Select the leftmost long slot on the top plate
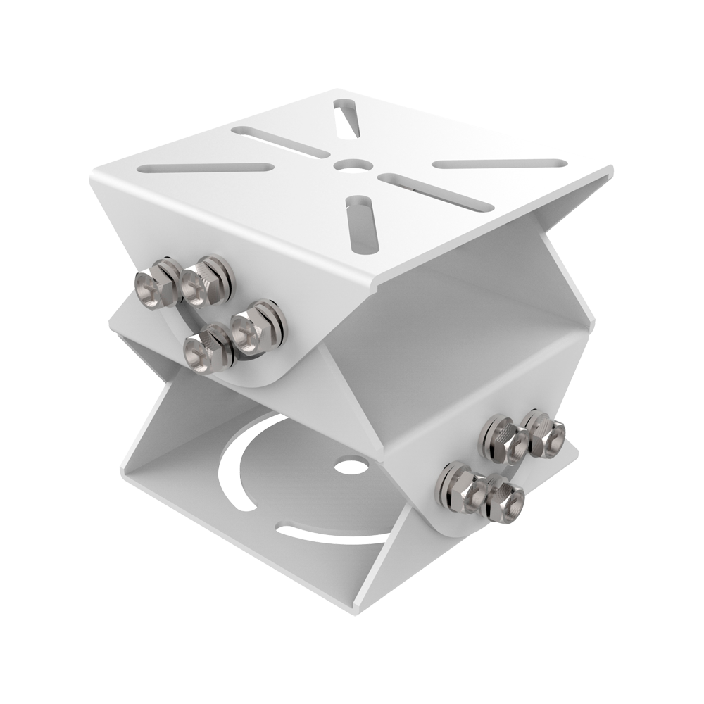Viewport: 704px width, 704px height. click(206, 168)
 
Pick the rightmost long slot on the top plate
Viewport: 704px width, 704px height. click(499, 163)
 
